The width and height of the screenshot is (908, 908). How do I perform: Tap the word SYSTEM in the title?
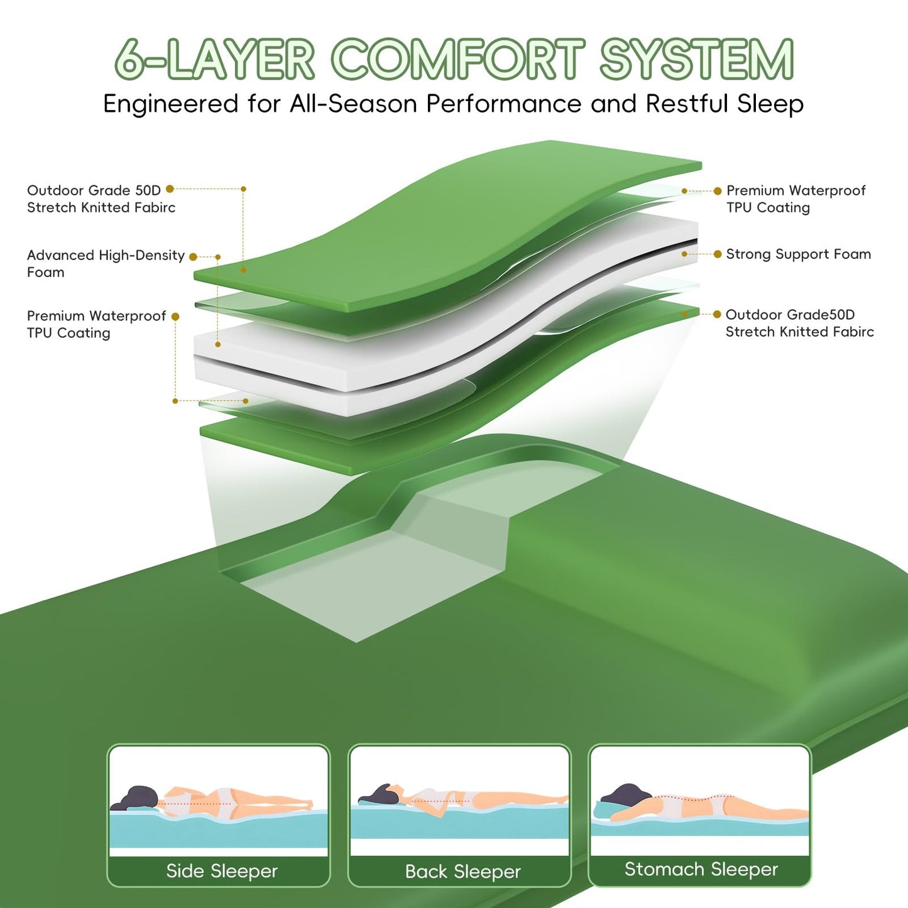pyautogui.click(x=696, y=60)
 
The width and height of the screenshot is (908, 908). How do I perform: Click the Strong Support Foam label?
pyautogui.click(x=798, y=254)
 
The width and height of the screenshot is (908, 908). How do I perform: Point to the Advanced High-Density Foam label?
pyautogui.click(x=106, y=263)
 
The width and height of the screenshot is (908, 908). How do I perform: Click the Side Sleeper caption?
pyautogui.click(x=221, y=870)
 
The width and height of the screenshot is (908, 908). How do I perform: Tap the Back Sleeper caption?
pyautogui.click(x=462, y=872)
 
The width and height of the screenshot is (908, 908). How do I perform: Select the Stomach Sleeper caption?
pyautogui.click(x=701, y=869)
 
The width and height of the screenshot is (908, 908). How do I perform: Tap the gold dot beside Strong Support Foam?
pyautogui.click(x=717, y=254)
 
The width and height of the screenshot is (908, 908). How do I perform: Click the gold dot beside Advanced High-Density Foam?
pyautogui.click(x=193, y=257)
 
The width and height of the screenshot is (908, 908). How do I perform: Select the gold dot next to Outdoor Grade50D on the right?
pyautogui.click(x=717, y=314)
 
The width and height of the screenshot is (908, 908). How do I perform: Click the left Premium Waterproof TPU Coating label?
pyautogui.click(x=96, y=324)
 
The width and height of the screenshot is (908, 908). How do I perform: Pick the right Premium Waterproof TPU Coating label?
pyautogui.click(x=796, y=199)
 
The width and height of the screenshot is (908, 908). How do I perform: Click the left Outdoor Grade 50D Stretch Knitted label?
pyautogui.click(x=101, y=199)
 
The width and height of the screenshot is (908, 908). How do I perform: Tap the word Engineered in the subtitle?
pyautogui.click(x=170, y=104)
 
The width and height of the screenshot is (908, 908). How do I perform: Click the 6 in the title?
pyautogui.click(x=129, y=60)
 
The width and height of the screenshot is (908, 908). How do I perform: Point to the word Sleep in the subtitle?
pyautogui.click(x=770, y=104)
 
